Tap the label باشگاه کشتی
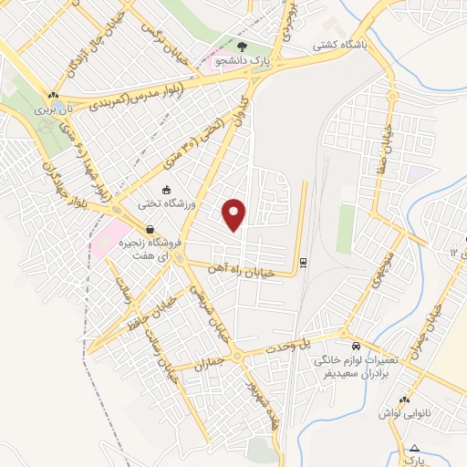[x=340, y=44]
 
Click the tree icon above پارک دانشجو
[x=242, y=45]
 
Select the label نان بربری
[x=53, y=108]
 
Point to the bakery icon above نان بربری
[x=53, y=94]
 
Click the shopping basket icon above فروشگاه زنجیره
[x=149, y=230]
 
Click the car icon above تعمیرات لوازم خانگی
[x=356, y=347]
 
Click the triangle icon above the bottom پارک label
[x=415, y=448]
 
